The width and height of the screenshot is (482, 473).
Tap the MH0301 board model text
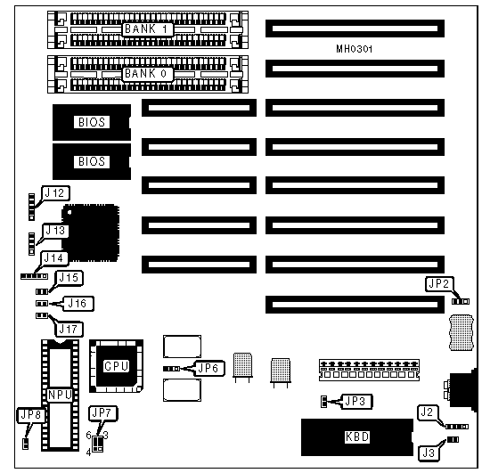354,49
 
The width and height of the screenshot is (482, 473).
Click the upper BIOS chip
92,122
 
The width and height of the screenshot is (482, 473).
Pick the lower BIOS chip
92,161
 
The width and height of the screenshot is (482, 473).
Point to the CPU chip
116,366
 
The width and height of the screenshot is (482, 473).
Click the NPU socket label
60,396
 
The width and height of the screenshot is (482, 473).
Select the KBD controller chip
357,437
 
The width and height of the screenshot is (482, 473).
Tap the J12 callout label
55,193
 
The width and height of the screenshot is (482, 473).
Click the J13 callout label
55,231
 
